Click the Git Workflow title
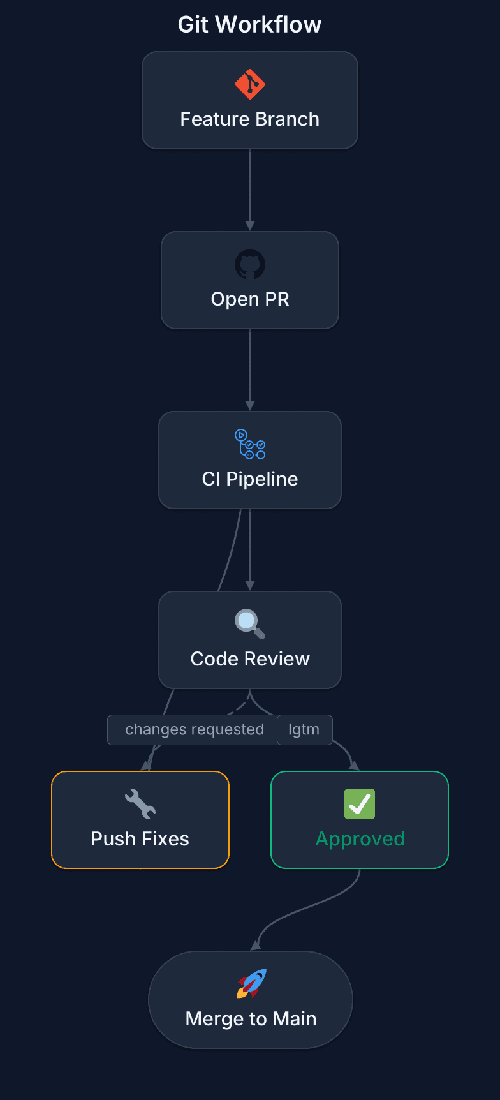[249, 25]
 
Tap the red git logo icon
[250, 84]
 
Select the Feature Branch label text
[249, 119]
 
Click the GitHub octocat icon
[250, 264]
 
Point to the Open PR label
[250, 299]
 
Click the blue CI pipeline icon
[250, 444]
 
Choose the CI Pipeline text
[250, 479]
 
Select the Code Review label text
[250, 659]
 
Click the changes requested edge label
[195, 730]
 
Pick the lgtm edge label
[304, 730]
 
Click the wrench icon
[140, 804]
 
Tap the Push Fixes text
[140, 839]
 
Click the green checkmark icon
[360, 804]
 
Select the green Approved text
[360, 839]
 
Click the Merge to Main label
[251, 1019]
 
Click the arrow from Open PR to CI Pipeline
[250, 369]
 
